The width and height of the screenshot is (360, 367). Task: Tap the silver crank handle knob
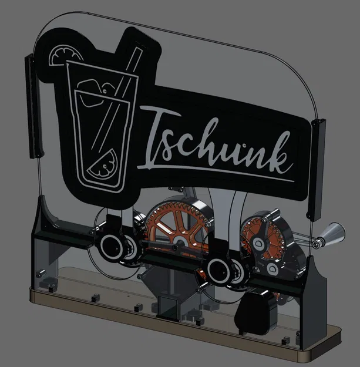tap(329, 234)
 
